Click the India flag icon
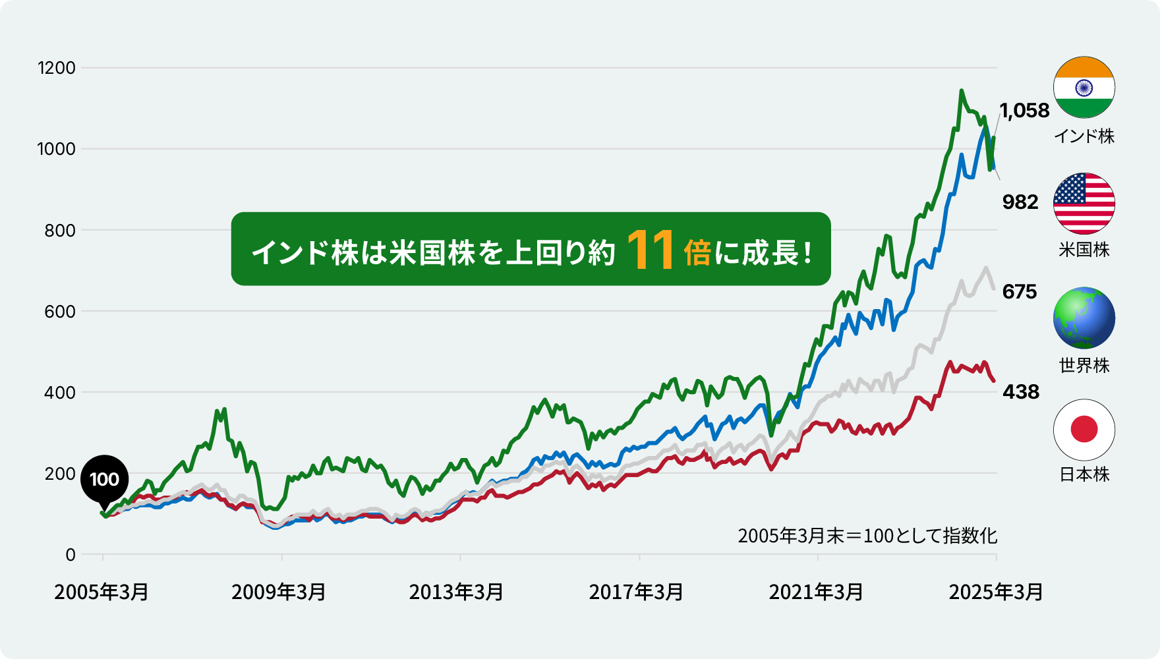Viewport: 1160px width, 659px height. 1084,88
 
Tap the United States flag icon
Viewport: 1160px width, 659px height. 1084,204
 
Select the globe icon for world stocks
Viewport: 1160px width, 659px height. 1084,318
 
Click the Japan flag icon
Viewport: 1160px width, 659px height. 1084,430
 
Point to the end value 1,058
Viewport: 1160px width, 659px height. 1025,111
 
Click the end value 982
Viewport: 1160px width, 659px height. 1020,202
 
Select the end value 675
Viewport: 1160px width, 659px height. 1020,291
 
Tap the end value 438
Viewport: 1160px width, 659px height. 1021,392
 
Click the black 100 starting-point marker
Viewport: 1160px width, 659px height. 104,479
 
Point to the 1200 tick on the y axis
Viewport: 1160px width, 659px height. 57,68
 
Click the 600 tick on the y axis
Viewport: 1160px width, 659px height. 60,312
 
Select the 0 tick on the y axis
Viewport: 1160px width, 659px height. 71,555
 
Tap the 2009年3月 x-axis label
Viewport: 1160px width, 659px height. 279,592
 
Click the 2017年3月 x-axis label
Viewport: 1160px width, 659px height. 636,592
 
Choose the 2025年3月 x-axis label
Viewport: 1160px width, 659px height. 996,592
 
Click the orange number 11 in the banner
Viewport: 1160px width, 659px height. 651,250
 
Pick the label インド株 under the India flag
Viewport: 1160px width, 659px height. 1084,136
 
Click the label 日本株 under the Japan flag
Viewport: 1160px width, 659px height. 1084,474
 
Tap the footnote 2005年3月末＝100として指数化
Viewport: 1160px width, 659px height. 867,536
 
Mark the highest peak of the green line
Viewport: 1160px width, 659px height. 962,91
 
